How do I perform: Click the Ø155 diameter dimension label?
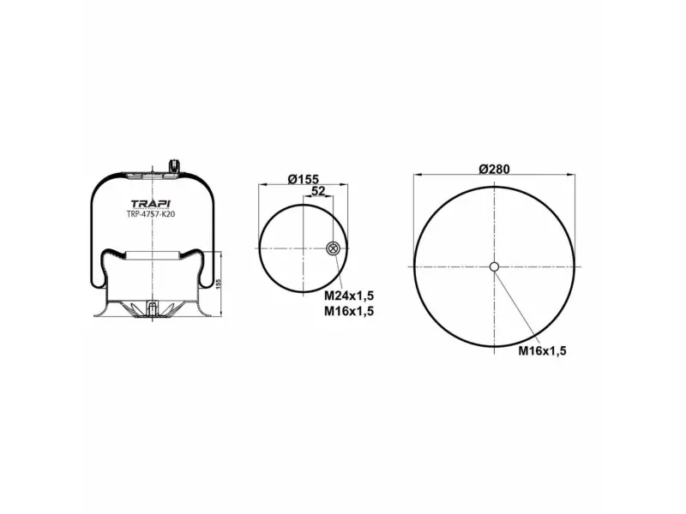(304, 179)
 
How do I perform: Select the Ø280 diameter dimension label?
(495, 169)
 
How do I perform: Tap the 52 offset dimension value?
(318, 191)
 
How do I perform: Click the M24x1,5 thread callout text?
(349, 296)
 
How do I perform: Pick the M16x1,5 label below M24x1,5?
(349, 311)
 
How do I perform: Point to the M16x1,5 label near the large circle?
(542, 350)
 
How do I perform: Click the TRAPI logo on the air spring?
(152, 204)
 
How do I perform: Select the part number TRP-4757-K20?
(151, 214)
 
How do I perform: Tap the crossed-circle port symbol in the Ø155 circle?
(333, 248)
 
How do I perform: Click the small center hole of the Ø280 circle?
(494, 266)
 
